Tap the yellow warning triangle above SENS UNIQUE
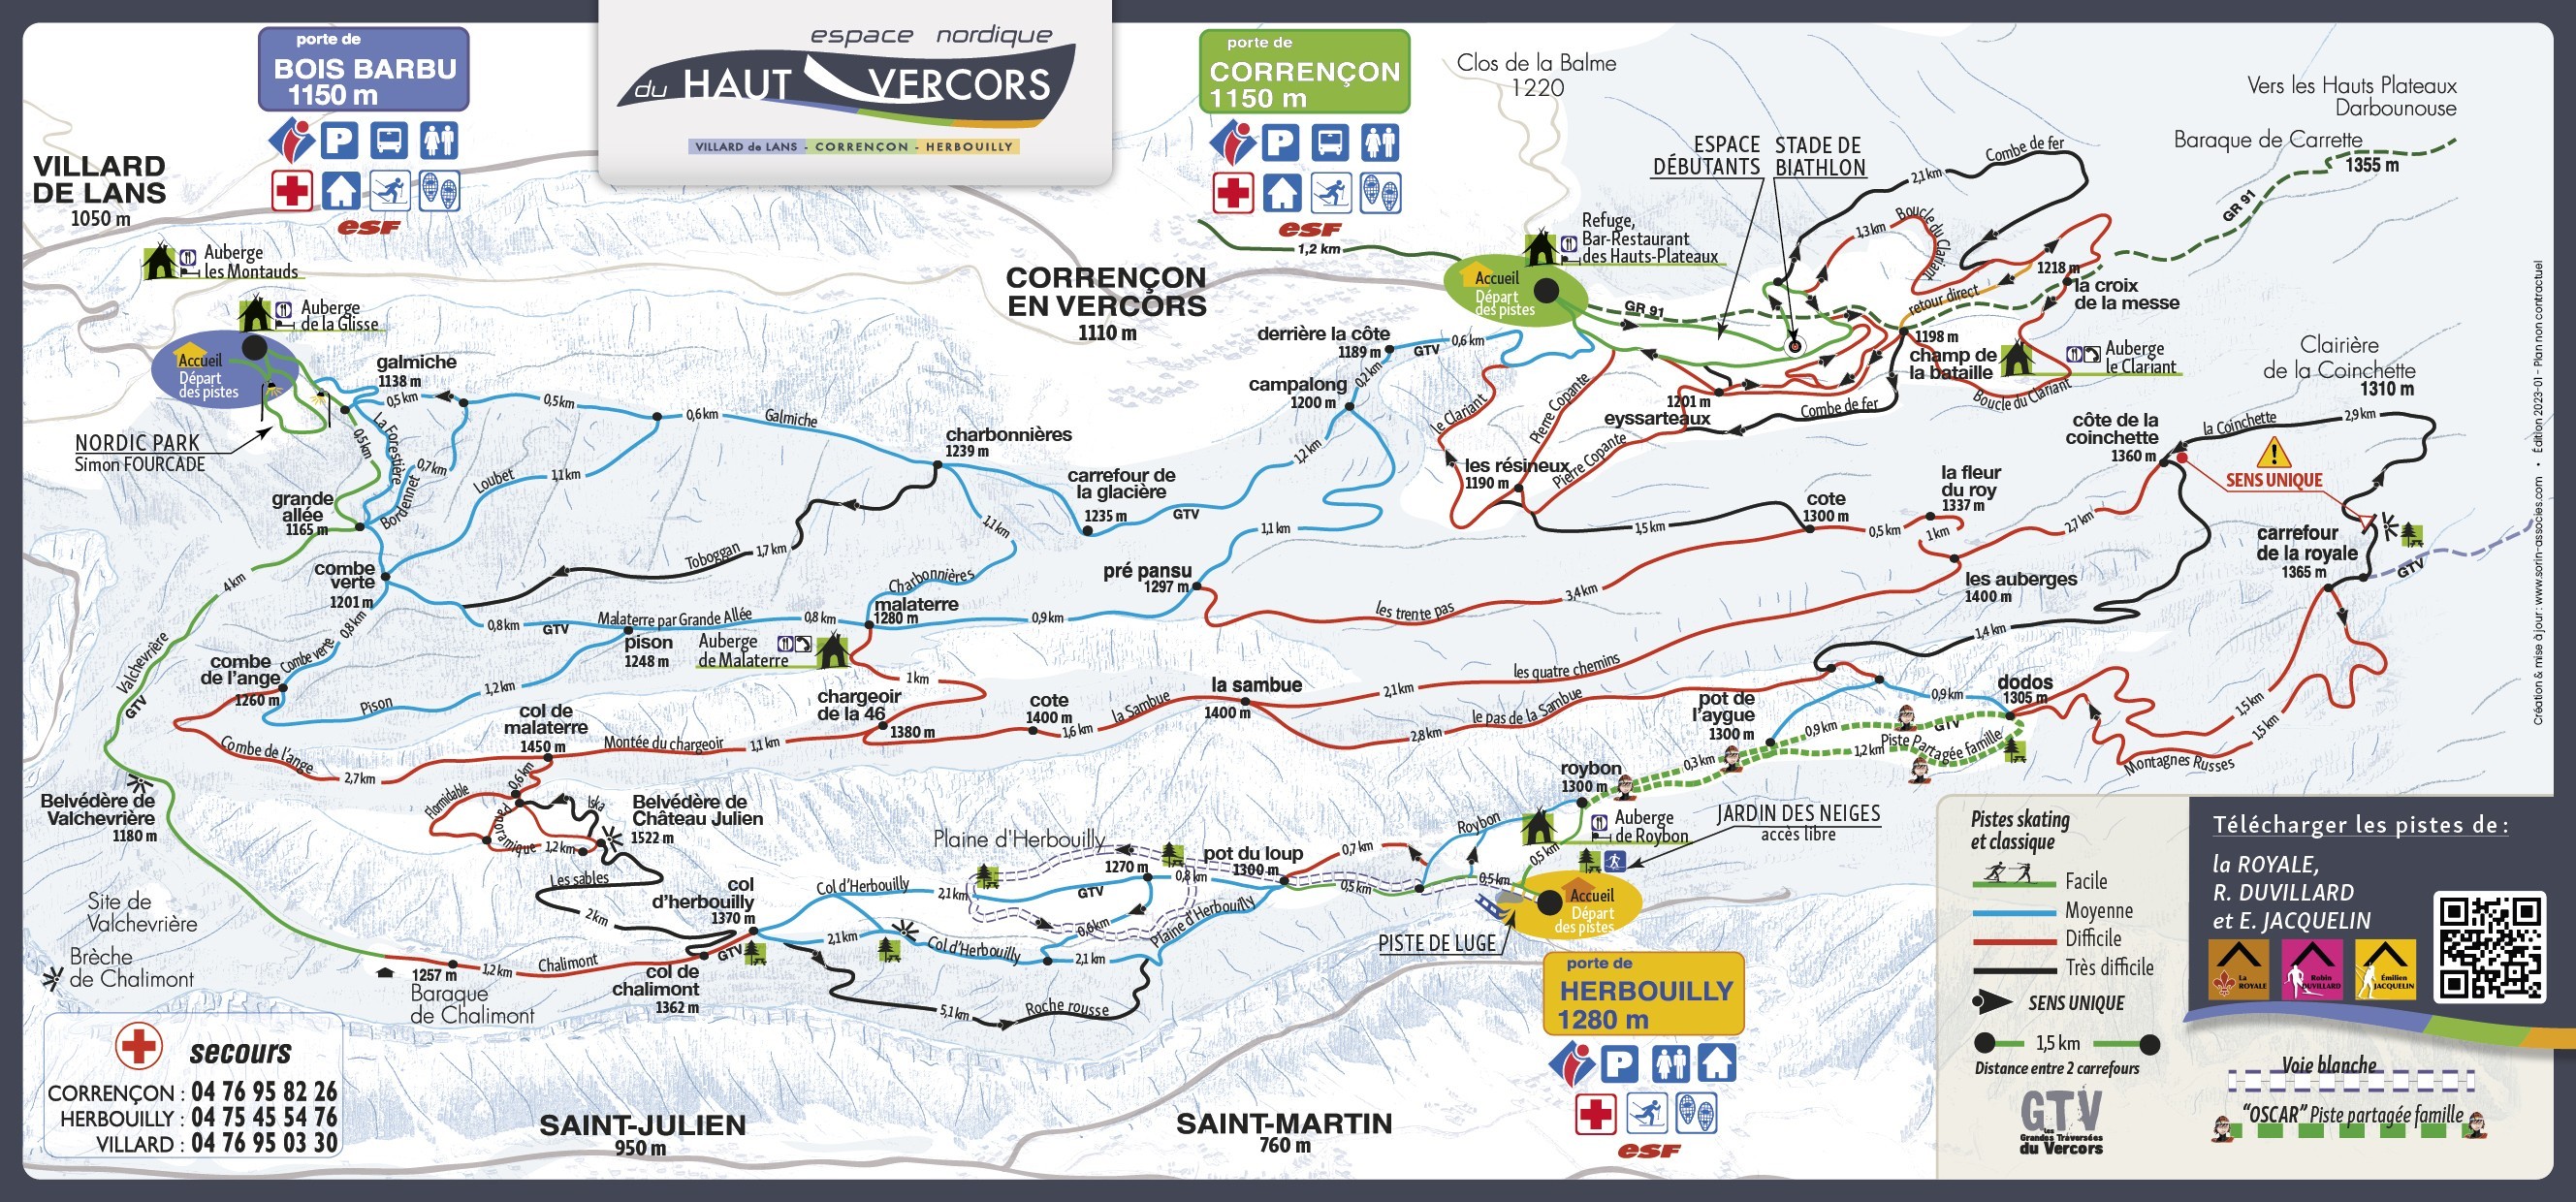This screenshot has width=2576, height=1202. (2273, 453)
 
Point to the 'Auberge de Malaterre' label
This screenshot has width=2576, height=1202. (742, 651)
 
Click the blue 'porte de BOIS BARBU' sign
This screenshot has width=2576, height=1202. (364, 69)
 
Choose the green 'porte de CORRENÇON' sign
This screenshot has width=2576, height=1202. (1304, 72)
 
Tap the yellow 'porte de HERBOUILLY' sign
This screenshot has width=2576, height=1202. (1643, 993)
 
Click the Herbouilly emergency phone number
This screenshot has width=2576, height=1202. (264, 1117)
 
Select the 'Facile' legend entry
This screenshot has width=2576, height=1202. (2085, 881)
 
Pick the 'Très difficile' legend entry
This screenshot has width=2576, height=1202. (2109, 967)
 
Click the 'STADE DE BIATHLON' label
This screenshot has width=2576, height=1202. (1820, 157)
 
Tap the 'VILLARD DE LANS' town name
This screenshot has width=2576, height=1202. (98, 181)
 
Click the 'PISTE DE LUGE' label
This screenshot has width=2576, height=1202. (1436, 943)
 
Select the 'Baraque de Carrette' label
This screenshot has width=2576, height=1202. (2267, 140)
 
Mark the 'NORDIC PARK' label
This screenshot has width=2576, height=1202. (138, 443)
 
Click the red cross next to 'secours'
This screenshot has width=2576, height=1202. (138, 1046)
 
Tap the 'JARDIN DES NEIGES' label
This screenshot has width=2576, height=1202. (1798, 814)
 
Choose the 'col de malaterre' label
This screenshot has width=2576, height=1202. (546, 720)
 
